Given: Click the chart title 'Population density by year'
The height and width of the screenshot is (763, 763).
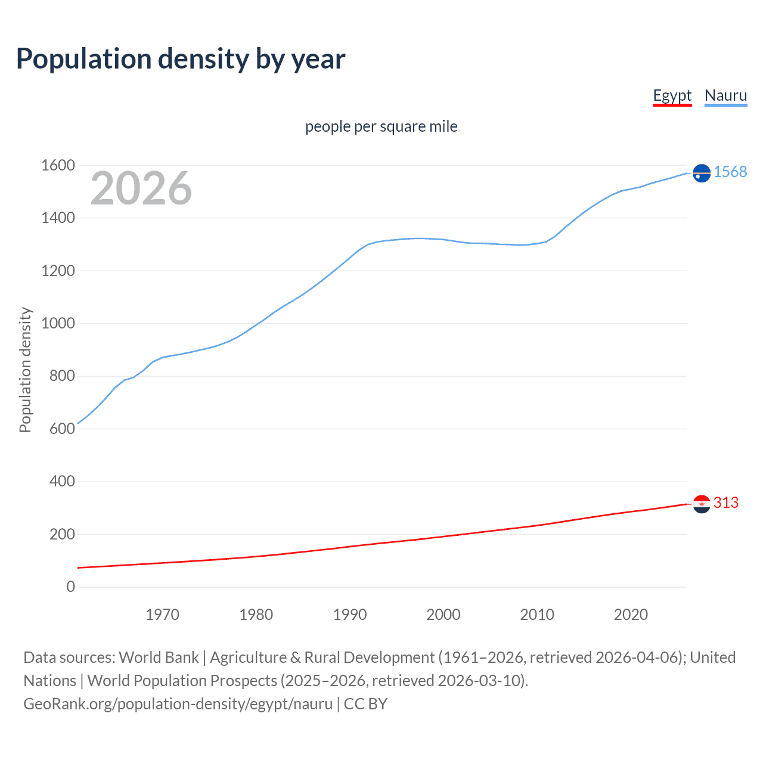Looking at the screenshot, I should tap(181, 59).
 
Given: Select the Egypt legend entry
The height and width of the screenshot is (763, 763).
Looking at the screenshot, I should tap(672, 95).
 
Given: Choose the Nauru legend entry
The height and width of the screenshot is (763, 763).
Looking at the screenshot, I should tap(725, 95).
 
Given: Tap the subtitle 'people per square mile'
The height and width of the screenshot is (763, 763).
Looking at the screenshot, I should tap(381, 126).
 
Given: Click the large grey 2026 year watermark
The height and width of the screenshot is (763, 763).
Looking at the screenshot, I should tap(141, 188).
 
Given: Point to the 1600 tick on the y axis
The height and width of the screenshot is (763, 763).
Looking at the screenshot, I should tap(58, 165).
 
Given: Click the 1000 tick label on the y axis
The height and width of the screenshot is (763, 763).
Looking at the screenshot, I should tap(58, 323).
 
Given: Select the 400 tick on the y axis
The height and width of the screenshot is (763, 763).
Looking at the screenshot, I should tap(62, 481).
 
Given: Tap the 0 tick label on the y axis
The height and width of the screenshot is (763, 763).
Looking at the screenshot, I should tap(71, 587).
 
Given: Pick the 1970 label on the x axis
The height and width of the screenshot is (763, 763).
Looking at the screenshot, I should tap(162, 615).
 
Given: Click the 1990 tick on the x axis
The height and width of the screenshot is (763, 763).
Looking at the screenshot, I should tap(350, 615).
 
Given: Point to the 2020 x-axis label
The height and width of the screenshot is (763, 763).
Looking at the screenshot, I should tap(631, 615).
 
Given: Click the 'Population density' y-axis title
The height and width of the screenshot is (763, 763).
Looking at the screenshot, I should tap(25, 370).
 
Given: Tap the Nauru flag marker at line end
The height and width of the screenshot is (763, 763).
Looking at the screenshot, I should tap(702, 173).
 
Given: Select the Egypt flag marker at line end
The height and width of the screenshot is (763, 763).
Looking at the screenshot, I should tap(702, 504).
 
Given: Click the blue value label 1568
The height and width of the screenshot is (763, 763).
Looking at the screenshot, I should tap(730, 172).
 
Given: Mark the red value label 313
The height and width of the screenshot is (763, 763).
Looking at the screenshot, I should tap(725, 503).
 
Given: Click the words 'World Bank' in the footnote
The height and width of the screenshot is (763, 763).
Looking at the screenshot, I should tap(159, 657).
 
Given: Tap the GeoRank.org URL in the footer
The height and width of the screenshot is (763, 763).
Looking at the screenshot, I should tap(178, 704).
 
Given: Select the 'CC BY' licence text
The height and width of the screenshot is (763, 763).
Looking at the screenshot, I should tap(365, 704).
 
